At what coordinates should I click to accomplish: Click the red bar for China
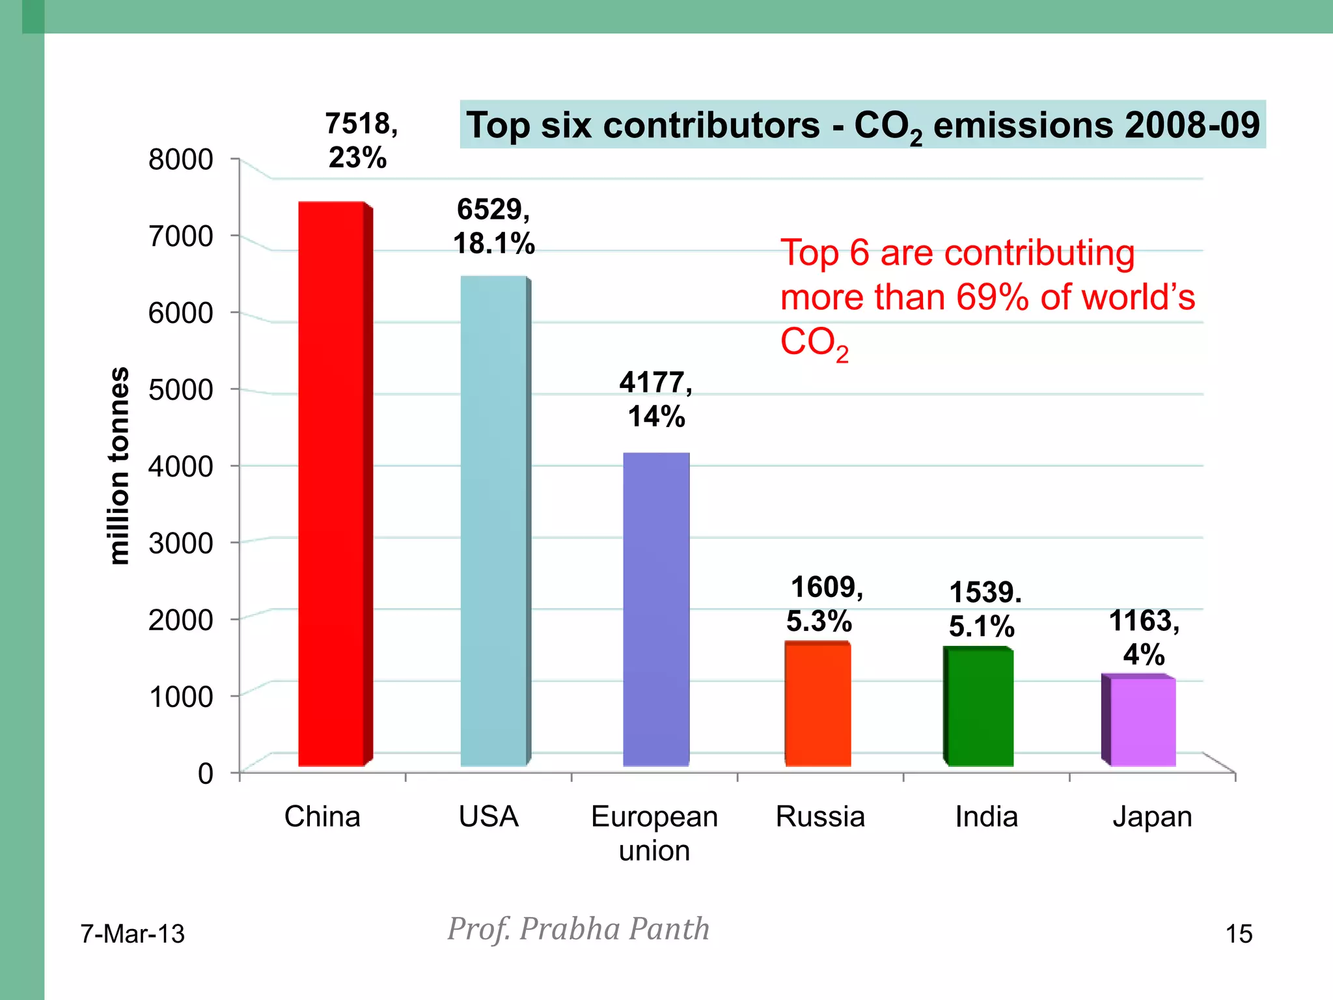click(332, 485)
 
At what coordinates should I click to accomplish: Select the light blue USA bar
click(493, 521)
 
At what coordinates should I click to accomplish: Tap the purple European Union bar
click(655, 609)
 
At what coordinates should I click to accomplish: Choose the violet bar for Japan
click(1142, 721)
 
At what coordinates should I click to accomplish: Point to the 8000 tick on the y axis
click(180, 160)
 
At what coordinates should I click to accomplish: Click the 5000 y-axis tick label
click(180, 390)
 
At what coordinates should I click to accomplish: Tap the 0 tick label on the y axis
click(205, 773)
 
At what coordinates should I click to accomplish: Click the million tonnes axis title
click(119, 465)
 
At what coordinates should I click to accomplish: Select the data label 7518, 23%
click(360, 140)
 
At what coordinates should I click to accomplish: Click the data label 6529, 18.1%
click(493, 226)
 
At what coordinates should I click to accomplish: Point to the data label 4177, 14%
click(655, 398)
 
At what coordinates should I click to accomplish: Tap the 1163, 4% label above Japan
click(1144, 637)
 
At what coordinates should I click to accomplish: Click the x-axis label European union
click(654, 833)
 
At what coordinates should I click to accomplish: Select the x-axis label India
click(986, 816)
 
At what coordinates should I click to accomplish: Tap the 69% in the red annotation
click(992, 297)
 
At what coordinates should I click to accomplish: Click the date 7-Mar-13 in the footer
click(132, 934)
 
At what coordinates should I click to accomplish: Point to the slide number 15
click(1239, 934)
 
